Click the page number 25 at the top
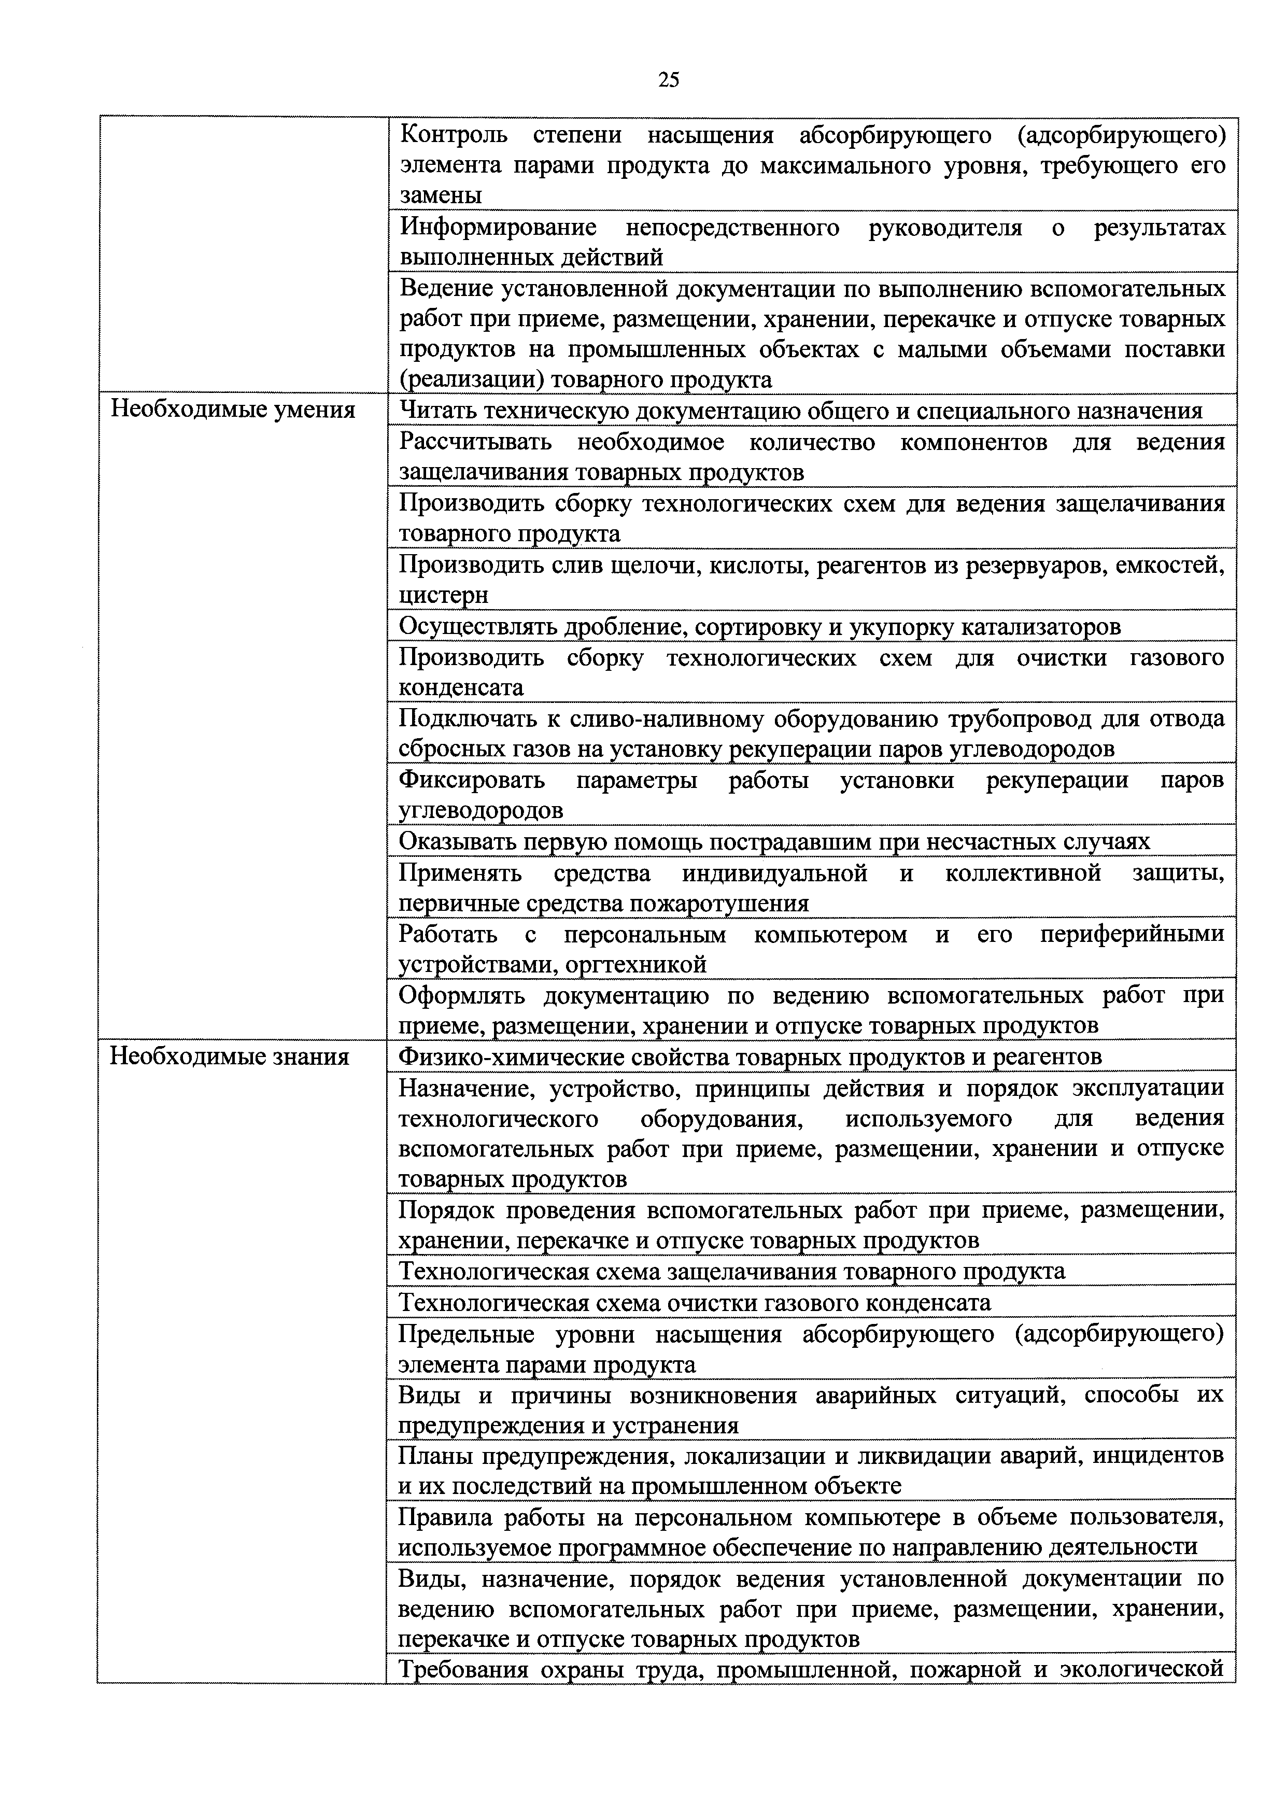668,80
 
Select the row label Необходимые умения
233,410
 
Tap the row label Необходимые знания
230,1056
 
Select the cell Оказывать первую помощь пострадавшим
774,841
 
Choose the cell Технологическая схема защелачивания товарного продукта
732,1271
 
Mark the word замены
440,195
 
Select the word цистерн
444,595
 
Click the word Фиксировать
472,780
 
